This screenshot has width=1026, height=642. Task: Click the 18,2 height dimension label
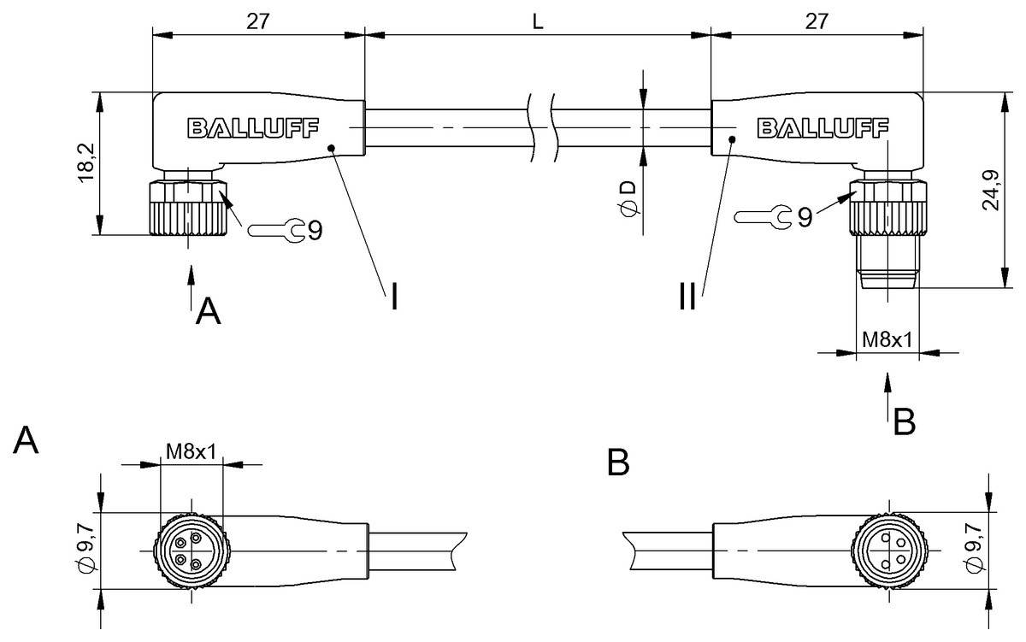[85, 163]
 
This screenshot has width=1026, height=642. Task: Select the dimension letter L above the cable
[537, 22]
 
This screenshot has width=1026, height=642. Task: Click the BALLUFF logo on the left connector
[252, 128]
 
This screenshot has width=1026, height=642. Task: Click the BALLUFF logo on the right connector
[823, 128]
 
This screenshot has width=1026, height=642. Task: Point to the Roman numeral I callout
[393, 297]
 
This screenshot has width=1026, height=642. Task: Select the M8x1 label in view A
[191, 450]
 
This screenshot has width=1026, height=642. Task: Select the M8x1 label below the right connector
[887, 339]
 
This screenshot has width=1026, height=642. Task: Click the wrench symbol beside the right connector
[764, 217]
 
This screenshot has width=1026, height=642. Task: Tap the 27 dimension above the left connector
[257, 22]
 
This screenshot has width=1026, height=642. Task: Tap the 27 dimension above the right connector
[817, 22]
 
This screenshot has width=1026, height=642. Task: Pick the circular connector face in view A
[191, 551]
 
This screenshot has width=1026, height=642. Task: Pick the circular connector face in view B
[888, 551]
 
